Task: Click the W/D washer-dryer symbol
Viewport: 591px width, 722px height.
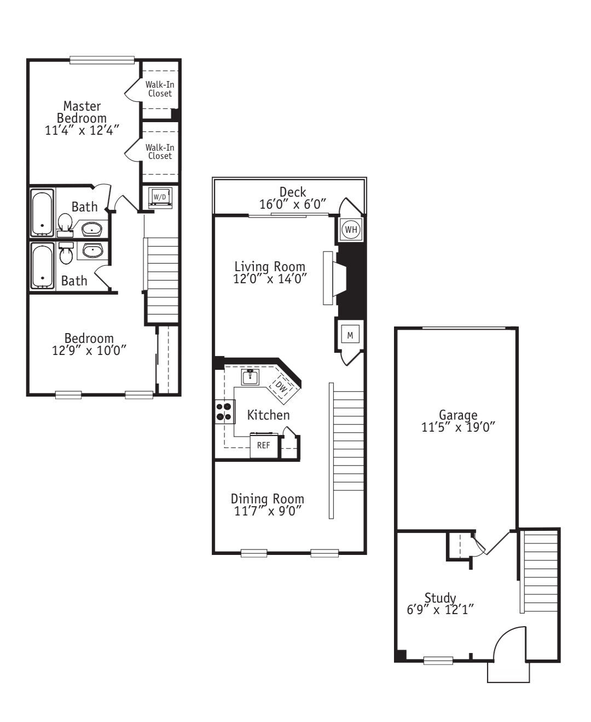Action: click(x=160, y=198)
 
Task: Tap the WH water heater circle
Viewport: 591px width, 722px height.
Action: click(x=351, y=230)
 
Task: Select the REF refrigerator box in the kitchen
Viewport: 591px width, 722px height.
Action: click(x=264, y=445)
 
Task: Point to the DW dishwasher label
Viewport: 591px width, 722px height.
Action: click(x=281, y=387)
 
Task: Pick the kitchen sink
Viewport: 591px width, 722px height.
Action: click(x=250, y=377)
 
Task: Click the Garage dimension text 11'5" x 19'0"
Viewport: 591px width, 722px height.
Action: click(x=458, y=427)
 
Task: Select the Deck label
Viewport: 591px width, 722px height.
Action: click(x=293, y=192)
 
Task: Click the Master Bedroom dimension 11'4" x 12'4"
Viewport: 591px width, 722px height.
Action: click(x=82, y=130)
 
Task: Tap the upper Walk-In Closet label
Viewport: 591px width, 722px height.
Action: click(x=160, y=89)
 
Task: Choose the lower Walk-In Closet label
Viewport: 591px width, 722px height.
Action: click(x=160, y=151)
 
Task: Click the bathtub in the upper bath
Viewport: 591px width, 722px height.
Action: click(x=43, y=213)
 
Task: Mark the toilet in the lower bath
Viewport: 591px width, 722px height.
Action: click(x=66, y=253)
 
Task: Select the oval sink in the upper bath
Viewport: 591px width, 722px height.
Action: click(x=92, y=228)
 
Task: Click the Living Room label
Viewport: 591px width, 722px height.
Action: click(x=269, y=266)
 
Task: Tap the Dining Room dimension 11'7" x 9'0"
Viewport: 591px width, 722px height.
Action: click(x=268, y=511)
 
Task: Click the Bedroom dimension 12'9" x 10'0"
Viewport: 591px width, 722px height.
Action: click(x=89, y=350)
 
